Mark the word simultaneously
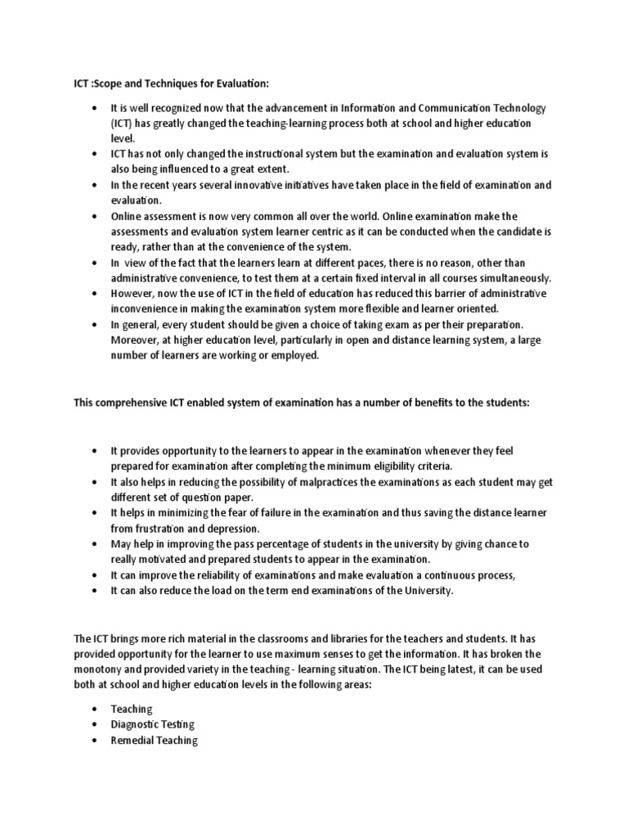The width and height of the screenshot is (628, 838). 507,277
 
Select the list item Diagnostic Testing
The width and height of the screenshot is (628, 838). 152,724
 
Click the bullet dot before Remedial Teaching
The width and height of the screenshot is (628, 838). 96,741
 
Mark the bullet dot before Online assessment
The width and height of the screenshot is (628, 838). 96,217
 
